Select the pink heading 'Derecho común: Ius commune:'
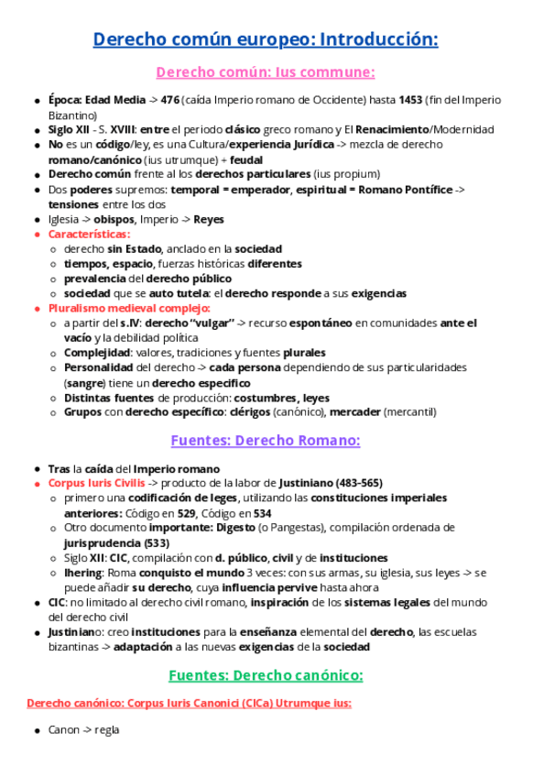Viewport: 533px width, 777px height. (x=266, y=72)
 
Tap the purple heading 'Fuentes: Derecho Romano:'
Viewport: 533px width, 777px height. (x=266, y=441)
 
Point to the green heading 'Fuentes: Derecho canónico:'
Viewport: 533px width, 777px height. (x=266, y=676)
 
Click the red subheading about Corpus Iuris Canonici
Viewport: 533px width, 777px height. (x=190, y=704)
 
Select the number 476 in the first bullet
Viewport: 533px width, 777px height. (x=169, y=101)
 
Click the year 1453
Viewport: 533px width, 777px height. (x=412, y=101)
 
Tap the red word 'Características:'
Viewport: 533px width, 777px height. (x=89, y=235)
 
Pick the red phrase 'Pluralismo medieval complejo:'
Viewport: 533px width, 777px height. (x=129, y=309)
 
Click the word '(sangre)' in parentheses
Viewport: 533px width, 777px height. (x=83, y=382)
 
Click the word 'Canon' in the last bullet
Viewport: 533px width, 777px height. (x=64, y=730)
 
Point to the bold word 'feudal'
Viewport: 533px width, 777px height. (x=246, y=159)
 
